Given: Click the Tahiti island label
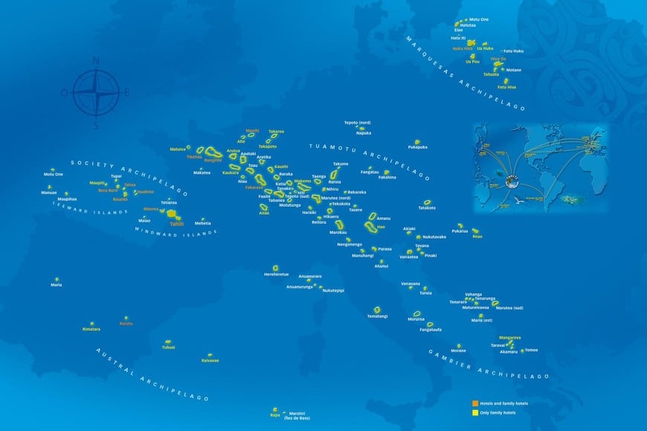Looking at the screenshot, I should [176, 224].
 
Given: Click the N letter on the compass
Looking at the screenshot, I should [95, 60].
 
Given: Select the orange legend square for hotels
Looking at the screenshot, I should [476, 403].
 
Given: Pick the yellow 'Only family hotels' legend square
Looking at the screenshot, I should [476, 412].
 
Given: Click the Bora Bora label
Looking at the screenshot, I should [109, 190].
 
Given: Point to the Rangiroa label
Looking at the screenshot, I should [213, 160].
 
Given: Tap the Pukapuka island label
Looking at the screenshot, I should [418, 147].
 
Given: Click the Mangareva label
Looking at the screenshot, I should [509, 337].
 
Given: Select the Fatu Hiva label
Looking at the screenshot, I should [507, 88].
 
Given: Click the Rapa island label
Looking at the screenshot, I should [275, 415].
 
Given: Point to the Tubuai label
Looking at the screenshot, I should [168, 347].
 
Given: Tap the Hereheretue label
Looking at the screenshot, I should [276, 273].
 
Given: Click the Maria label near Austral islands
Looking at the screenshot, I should [57, 285].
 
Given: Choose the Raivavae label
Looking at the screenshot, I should [210, 360].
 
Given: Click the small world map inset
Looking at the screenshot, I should [540, 164].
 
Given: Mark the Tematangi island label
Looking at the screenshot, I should [377, 317].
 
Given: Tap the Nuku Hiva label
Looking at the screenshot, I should [463, 48].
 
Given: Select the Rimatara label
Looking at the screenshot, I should [91, 328].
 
